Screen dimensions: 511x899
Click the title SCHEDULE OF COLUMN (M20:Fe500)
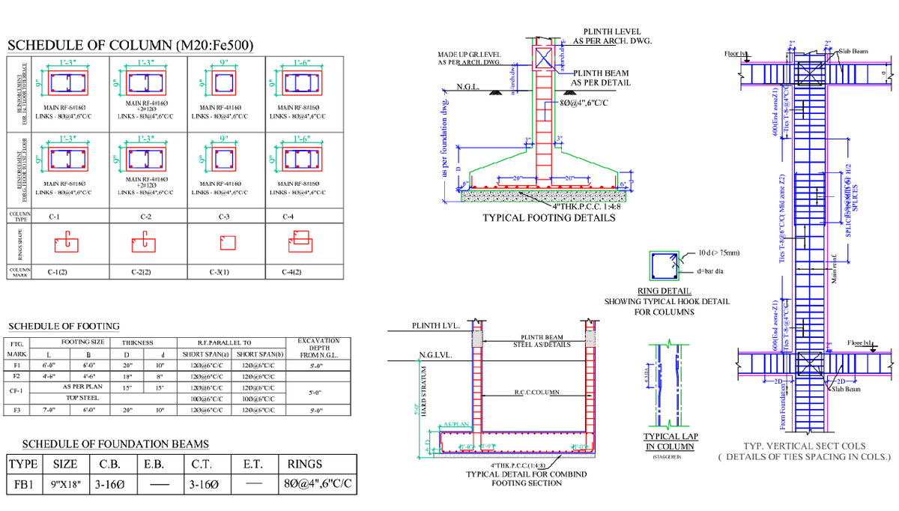(x=130, y=46)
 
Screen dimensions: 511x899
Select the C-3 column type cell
(x=224, y=217)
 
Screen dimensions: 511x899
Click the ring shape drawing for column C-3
(x=225, y=243)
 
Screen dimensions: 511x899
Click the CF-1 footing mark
(x=17, y=391)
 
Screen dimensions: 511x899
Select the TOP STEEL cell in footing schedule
(x=82, y=398)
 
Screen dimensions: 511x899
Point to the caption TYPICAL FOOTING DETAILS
(x=548, y=218)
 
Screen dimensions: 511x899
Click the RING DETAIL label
(x=663, y=291)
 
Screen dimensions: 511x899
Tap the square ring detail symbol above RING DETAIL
(x=662, y=266)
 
